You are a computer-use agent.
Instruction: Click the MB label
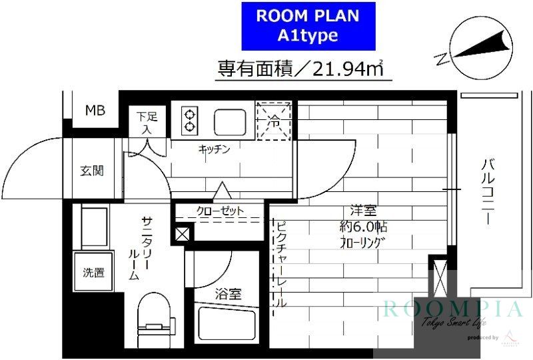(x=95, y=111)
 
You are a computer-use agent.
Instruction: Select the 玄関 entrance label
(x=92, y=171)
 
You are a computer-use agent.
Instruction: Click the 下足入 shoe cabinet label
(x=147, y=123)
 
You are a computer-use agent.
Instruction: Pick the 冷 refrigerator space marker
(x=274, y=121)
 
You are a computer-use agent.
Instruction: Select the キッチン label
(x=214, y=149)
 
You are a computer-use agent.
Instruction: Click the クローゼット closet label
(x=220, y=211)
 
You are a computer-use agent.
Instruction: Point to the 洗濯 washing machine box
(x=93, y=272)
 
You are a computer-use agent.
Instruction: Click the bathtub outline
(x=227, y=327)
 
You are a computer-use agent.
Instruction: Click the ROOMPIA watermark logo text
(x=453, y=309)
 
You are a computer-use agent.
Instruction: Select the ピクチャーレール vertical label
(x=280, y=263)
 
